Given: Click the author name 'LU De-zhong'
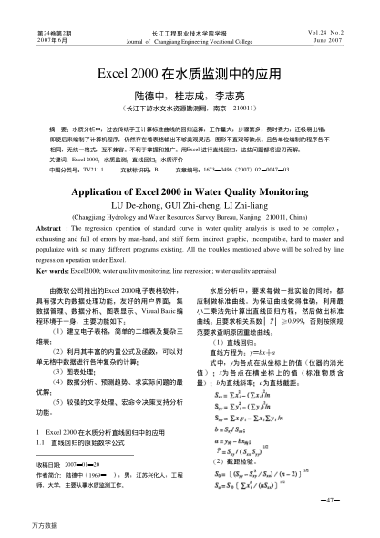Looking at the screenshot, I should tap(135, 181).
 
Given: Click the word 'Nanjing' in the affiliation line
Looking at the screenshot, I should tap(243, 192).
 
